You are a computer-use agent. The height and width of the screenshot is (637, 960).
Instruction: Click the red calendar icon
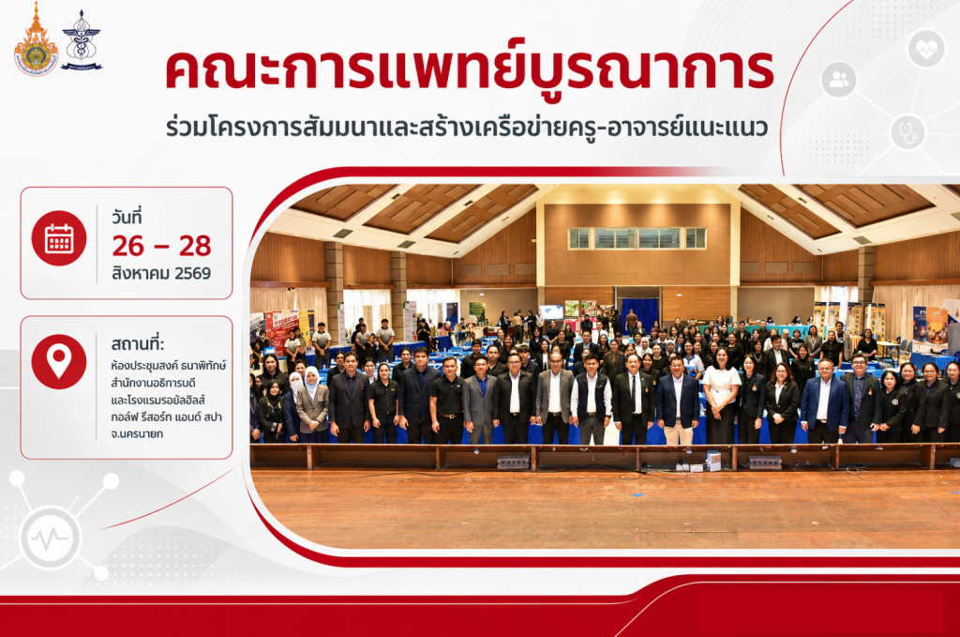(x=59, y=238)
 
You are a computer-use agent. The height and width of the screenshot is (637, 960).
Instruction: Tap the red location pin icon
(x=59, y=361)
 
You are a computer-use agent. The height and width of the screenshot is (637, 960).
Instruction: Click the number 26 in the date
(x=127, y=246)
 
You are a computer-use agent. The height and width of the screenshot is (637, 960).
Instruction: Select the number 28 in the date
(x=195, y=246)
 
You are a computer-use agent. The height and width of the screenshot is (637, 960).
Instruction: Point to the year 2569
(x=192, y=273)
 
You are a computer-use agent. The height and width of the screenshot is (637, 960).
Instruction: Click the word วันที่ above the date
(x=127, y=216)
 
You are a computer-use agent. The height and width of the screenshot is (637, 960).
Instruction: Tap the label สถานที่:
(x=138, y=342)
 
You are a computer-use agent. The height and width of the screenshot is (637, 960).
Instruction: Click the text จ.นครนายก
(x=137, y=433)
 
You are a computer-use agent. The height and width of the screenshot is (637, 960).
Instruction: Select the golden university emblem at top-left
(x=37, y=40)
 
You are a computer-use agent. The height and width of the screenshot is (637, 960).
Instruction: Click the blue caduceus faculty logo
(x=82, y=40)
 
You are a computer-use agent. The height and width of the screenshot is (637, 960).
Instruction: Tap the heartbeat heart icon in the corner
(x=925, y=49)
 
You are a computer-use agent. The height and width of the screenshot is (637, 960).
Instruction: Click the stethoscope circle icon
(x=907, y=131)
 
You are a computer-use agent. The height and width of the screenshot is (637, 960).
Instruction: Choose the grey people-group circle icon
(x=839, y=79)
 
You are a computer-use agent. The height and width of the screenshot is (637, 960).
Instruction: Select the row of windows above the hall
(x=637, y=237)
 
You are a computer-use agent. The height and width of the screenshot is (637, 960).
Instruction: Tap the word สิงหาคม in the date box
(x=141, y=273)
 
